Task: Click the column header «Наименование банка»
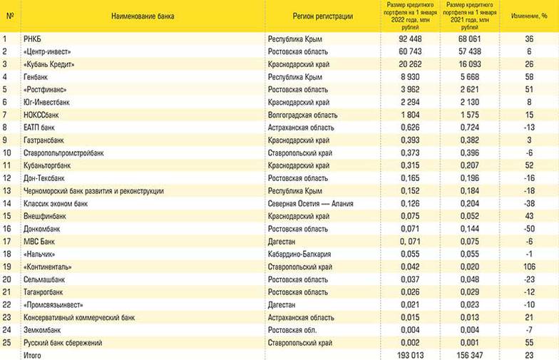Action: click(142, 15)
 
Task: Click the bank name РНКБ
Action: click(33, 38)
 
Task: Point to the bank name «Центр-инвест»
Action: click(48, 51)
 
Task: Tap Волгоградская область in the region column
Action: click(302, 115)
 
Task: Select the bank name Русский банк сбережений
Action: click(63, 343)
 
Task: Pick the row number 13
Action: click(6, 190)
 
